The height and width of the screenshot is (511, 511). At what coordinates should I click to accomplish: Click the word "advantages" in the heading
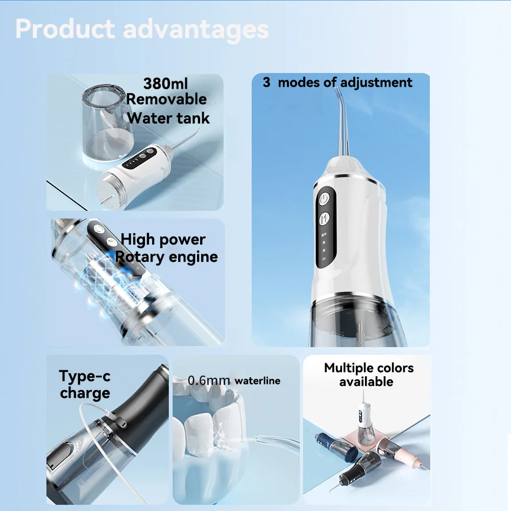tap(196, 30)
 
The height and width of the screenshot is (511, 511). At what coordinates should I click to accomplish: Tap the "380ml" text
tap(165, 83)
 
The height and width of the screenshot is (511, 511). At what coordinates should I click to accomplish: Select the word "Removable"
tap(166, 99)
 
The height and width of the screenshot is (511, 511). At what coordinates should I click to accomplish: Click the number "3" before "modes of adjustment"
tap(266, 83)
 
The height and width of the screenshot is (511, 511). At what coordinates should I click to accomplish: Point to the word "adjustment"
tap(376, 83)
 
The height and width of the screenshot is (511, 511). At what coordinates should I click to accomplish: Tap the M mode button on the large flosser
tap(324, 218)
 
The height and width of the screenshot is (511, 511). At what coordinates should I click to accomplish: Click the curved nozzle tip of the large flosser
tap(337, 92)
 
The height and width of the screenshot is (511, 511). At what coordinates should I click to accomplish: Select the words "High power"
tap(163, 240)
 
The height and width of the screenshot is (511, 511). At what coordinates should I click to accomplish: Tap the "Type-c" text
tap(85, 376)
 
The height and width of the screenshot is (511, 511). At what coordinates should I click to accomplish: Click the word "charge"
tap(85, 393)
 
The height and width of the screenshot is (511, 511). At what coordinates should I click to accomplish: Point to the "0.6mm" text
tap(209, 380)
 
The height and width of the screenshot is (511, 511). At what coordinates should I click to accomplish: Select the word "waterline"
tap(257, 381)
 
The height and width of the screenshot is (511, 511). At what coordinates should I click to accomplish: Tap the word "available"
tap(367, 382)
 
